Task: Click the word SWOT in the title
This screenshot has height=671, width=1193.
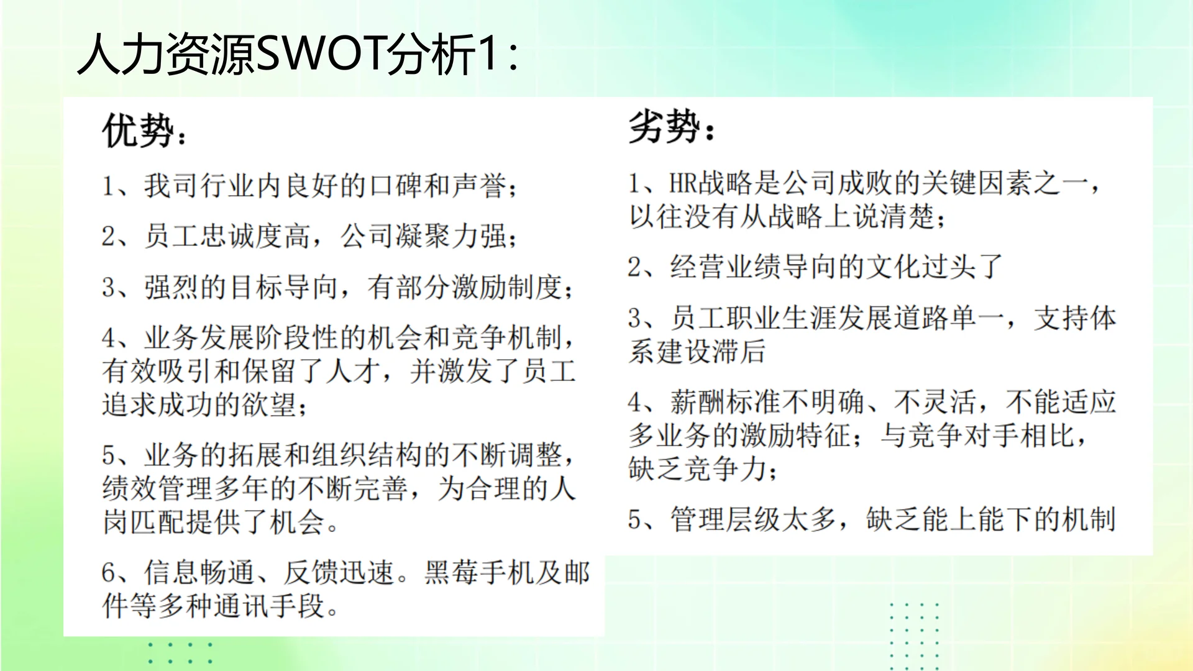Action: point(320,55)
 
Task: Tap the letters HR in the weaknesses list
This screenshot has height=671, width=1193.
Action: point(683,184)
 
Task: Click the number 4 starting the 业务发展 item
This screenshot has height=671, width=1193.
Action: point(109,339)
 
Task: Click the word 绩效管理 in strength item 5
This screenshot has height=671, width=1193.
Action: point(158,488)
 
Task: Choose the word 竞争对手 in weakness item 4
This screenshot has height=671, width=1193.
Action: point(963,436)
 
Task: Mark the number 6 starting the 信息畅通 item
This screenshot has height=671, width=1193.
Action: point(109,573)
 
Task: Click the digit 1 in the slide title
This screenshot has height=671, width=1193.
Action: point(490,55)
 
